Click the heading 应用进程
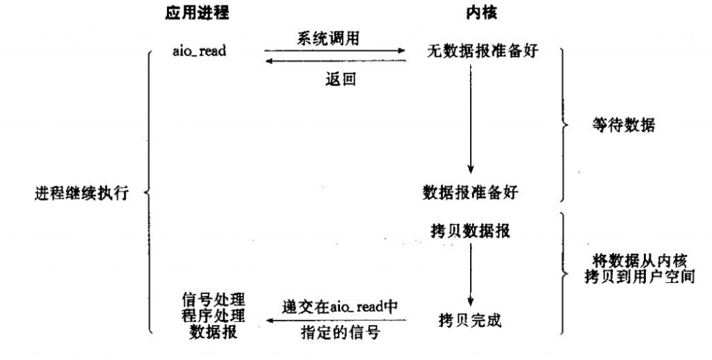pos(197,13)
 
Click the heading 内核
pos(481,13)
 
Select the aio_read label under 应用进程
pos(199,51)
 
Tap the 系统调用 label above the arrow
pos(328,38)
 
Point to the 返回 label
pos(341,79)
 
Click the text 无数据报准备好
pos(483,51)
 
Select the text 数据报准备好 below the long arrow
pos(471,193)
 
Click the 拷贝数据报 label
pos(471,231)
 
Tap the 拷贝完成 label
pos(471,320)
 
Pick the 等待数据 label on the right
pos(624,124)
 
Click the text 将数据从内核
pos(640,261)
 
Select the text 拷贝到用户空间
pos(640,276)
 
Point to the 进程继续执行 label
pos(82,193)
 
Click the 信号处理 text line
pos(213,300)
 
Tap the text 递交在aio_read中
pos(339,307)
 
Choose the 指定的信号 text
pos(340,333)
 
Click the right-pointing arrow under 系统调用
pos(335,51)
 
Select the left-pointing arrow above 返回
pos(335,61)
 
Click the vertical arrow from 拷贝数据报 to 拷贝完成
pos(471,275)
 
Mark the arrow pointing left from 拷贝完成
pos(336,320)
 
